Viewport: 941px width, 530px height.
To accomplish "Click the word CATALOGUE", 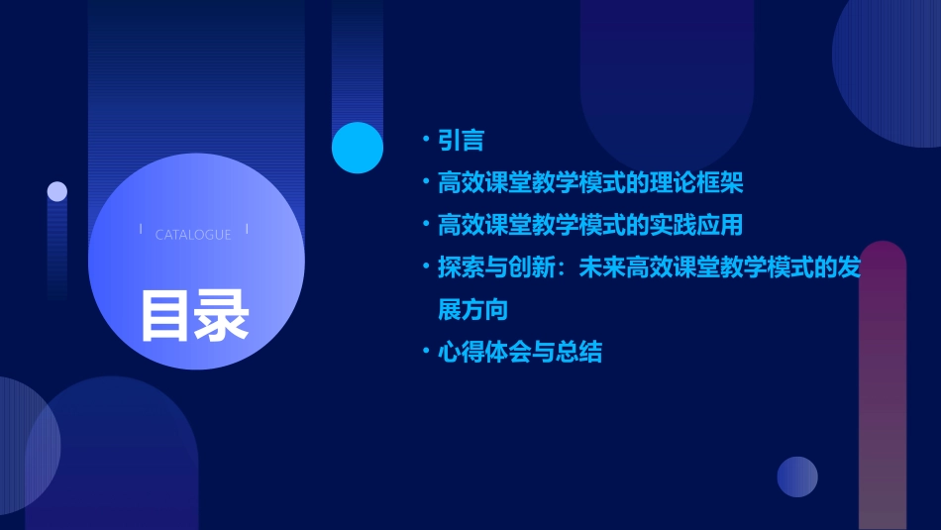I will point(193,235).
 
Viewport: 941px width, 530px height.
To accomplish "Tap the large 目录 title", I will point(194,315).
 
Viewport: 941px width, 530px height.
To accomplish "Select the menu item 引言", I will point(461,141).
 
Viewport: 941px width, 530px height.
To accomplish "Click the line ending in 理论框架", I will point(589,183).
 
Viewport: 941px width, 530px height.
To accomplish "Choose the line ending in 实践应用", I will point(589,225).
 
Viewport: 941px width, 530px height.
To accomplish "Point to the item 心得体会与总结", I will point(519,352).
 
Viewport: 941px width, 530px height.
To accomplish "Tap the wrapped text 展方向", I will point(472,309).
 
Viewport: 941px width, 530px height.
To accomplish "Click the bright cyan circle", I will point(358,148).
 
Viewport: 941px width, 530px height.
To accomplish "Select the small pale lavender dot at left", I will point(57,191).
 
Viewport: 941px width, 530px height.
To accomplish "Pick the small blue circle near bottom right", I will point(797,477).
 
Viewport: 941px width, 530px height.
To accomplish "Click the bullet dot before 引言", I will point(425,140).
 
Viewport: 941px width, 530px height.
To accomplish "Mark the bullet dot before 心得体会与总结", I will point(425,351).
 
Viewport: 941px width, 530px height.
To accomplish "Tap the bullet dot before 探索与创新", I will point(425,266).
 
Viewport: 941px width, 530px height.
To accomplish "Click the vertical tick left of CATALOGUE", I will point(140,230).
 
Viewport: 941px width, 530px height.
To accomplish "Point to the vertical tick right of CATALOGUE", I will point(247,230).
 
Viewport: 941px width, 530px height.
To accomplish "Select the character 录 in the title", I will point(222,315).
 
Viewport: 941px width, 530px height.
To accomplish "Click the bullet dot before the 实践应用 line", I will point(425,224).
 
